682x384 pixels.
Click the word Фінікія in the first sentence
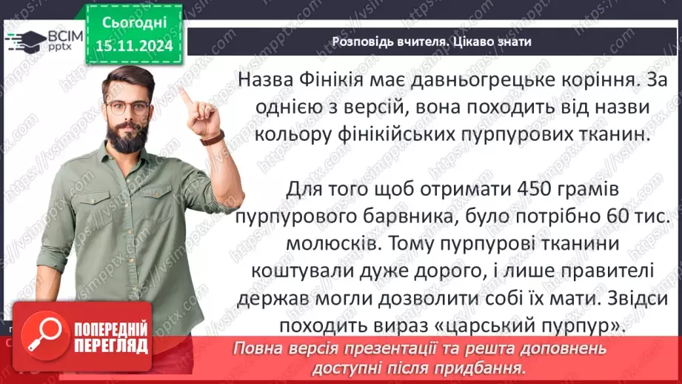coord(346,79)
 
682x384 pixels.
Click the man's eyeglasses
coord(127,107)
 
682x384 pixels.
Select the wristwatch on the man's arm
coord(213,138)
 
